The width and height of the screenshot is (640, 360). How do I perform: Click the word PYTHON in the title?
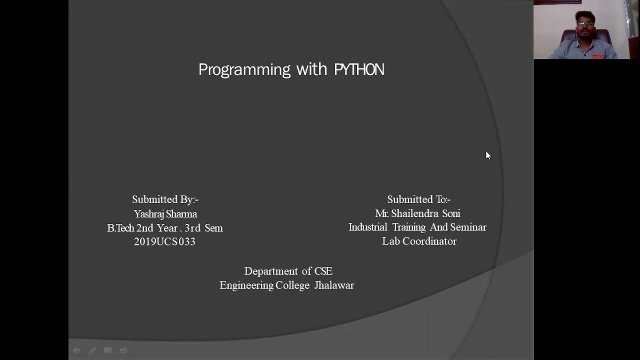click(x=359, y=69)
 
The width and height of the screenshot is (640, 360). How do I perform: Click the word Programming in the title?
click(x=244, y=70)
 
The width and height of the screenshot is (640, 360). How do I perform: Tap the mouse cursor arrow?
click(x=488, y=155)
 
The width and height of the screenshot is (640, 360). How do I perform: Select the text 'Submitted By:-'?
click(x=165, y=199)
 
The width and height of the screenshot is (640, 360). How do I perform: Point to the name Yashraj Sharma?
click(x=165, y=214)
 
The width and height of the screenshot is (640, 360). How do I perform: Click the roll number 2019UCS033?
click(x=164, y=242)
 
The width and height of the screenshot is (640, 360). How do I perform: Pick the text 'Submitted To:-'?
click(x=418, y=199)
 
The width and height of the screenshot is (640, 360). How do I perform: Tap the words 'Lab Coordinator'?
click(x=419, y=241)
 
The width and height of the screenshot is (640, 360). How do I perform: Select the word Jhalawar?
click(x=334, y=285)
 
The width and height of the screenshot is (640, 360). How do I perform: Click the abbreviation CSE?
click(x=323, y=271)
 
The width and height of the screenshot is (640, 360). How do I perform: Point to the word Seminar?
click(x=468, y=227)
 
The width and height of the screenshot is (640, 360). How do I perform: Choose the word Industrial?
click(x=368, y=227)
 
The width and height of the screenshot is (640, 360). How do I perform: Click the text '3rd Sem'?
click(x=203, y=228)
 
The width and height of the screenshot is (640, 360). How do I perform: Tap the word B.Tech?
click(x=120, y=228)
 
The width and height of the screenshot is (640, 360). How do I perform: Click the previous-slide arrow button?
click(x=76, y=351)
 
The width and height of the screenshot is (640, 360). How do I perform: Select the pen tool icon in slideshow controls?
click(x=92, y=351)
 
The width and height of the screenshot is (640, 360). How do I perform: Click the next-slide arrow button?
click(x=123, y=351)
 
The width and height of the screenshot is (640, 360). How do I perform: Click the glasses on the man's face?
click(x=585, y=23)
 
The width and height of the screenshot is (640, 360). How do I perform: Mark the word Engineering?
click(x=246, y=285)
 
